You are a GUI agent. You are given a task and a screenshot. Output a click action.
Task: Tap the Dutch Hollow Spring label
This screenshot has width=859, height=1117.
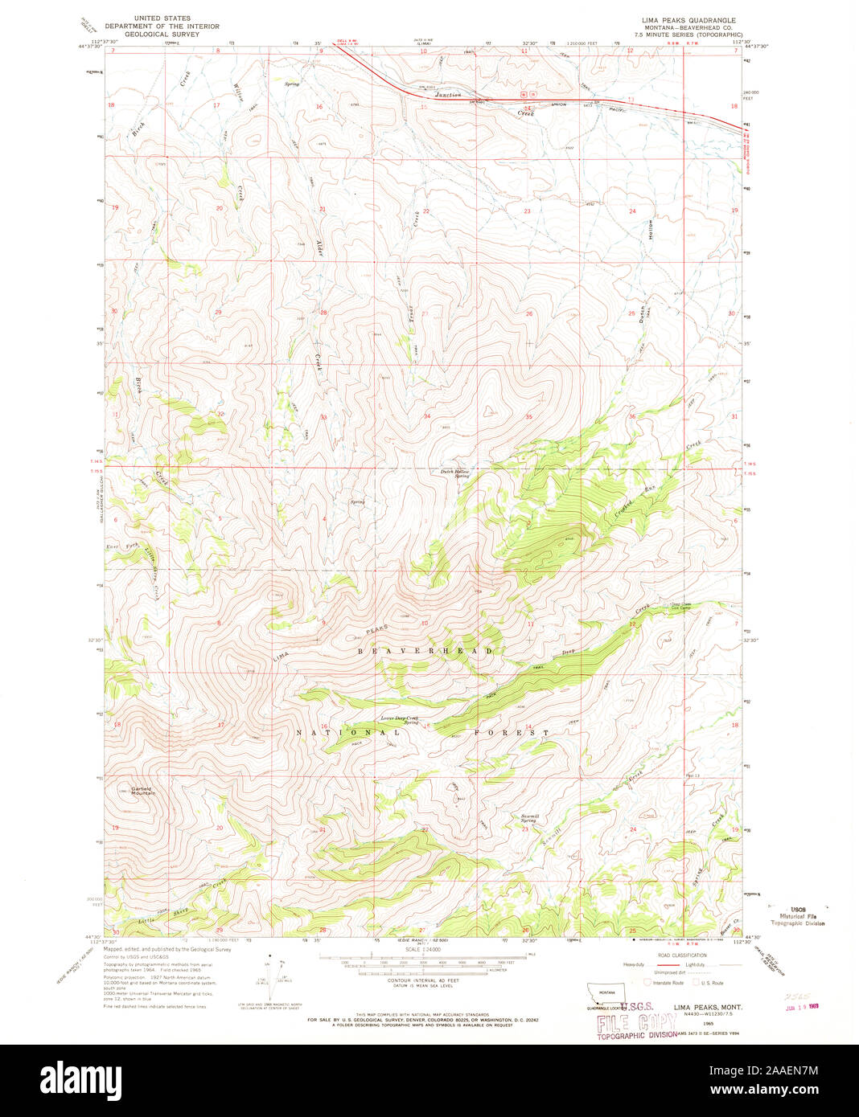(x=453, y=473)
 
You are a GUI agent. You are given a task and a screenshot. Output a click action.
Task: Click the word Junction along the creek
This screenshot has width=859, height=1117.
(x=443, y=95)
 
